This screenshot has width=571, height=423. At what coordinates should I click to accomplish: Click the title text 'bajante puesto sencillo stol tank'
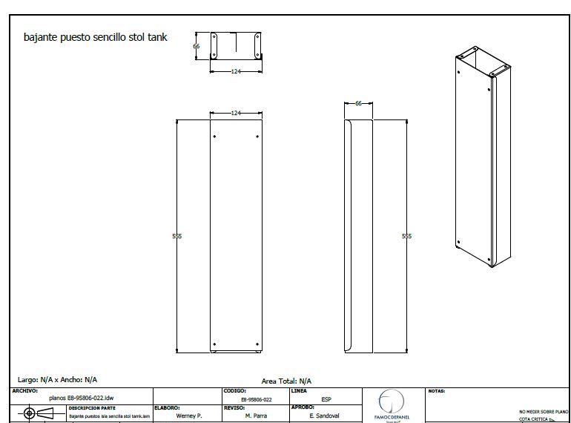tap(96, 36)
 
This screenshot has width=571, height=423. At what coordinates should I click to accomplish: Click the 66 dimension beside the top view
tap(197, 46)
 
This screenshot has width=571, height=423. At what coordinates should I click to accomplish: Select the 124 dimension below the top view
tap(236, 71)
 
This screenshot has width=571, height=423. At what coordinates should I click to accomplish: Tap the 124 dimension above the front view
tap(236, 113)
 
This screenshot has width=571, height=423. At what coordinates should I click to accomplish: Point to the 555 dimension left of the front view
tap(176, 236)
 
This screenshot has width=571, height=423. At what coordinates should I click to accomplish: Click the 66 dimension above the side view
tap(358, 104)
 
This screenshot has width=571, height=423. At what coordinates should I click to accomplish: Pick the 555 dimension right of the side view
tap(406, 236)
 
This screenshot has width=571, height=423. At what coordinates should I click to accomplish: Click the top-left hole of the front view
tap(215, 137)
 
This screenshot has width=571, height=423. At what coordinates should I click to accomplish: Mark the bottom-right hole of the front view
tap(257, 343)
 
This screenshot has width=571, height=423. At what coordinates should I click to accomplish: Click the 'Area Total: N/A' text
tap(286, 380)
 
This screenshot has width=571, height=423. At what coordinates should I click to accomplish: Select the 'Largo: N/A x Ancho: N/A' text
tap(58, 379)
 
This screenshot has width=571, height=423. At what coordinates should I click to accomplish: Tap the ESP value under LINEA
tap(316, 399)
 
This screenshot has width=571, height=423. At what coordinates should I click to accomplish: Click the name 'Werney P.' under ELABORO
tap(188, 416)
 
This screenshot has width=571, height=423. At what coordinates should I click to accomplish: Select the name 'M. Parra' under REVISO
tap(257, 416)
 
